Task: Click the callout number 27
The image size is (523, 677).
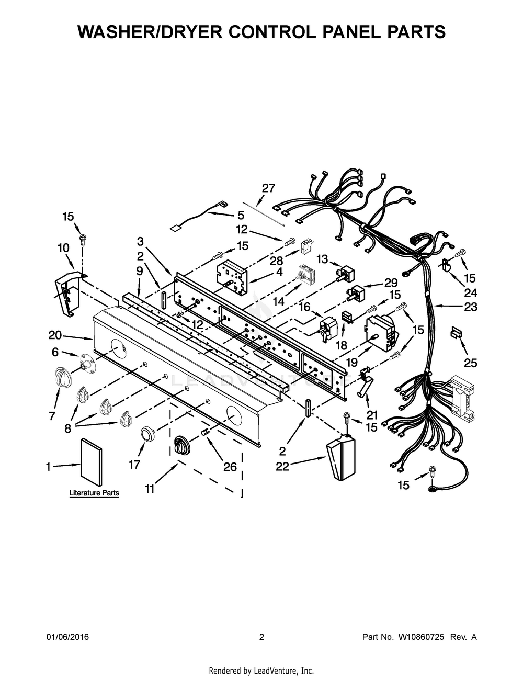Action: tap(268, 188)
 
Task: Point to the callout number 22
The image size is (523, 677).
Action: tap(282, 467)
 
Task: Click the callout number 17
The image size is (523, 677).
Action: tap(134, 464)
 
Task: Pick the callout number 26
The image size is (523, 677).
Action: tap(230, 467)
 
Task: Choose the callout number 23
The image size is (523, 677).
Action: tap(471, 307)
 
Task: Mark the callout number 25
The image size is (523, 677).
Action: tap(471, 363)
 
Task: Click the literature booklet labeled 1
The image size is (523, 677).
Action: tap(92, 459)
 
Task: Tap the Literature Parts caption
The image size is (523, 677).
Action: tap(94, 493)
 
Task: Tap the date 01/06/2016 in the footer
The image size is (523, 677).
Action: tap(67, 637)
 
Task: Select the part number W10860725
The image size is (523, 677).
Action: tap(421, 637)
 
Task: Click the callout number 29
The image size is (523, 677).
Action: tap(391, 283)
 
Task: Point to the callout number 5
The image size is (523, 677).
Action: tap(241, 215)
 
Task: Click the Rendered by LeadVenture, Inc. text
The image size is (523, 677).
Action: tap(261, 671)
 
